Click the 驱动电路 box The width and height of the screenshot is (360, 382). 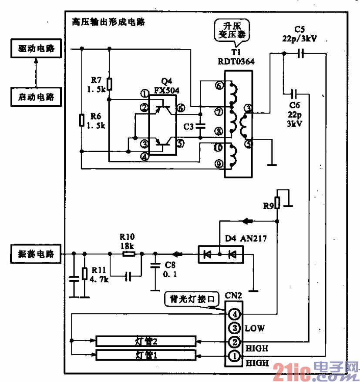click(x=36, y=49)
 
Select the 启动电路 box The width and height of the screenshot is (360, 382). click(x=36, y=97)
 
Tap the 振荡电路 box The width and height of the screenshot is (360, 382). click(x=36, y=253)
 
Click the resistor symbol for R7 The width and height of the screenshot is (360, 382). click(x=109, y=84)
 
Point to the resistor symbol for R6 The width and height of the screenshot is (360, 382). click(x=81, y=120)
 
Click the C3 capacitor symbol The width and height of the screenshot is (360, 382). click(x=200, y=126)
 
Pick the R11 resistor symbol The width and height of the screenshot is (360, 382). click(x=84, y=274)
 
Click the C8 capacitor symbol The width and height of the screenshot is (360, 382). click(x=154, y=265)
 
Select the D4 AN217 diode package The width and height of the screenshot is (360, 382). click(x=220, y=254)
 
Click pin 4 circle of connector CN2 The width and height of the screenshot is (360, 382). click(x=235, y=314)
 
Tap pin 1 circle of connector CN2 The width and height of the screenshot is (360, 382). click(x=235, y=356)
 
